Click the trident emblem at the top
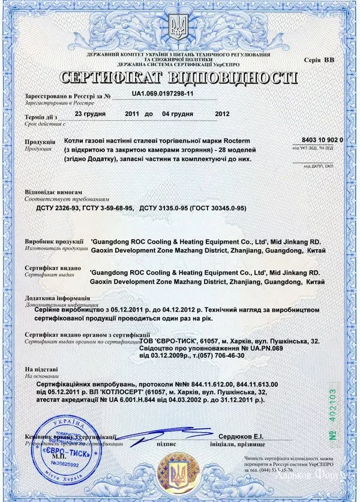(x=179, y=27)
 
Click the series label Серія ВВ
(x=319, y=60)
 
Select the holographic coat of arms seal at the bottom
(x=178, y=474)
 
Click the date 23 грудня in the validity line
(x=91, y=113)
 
